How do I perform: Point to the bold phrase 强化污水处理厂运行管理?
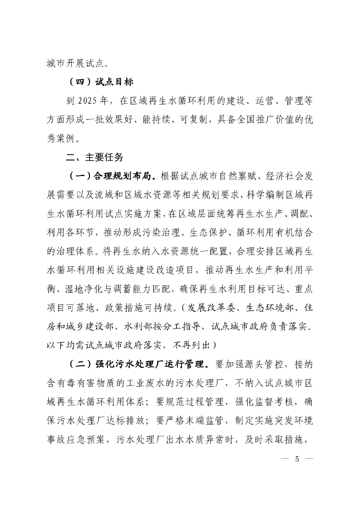[x=150, y=364]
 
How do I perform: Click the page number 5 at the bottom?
[x=296, y=458]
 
